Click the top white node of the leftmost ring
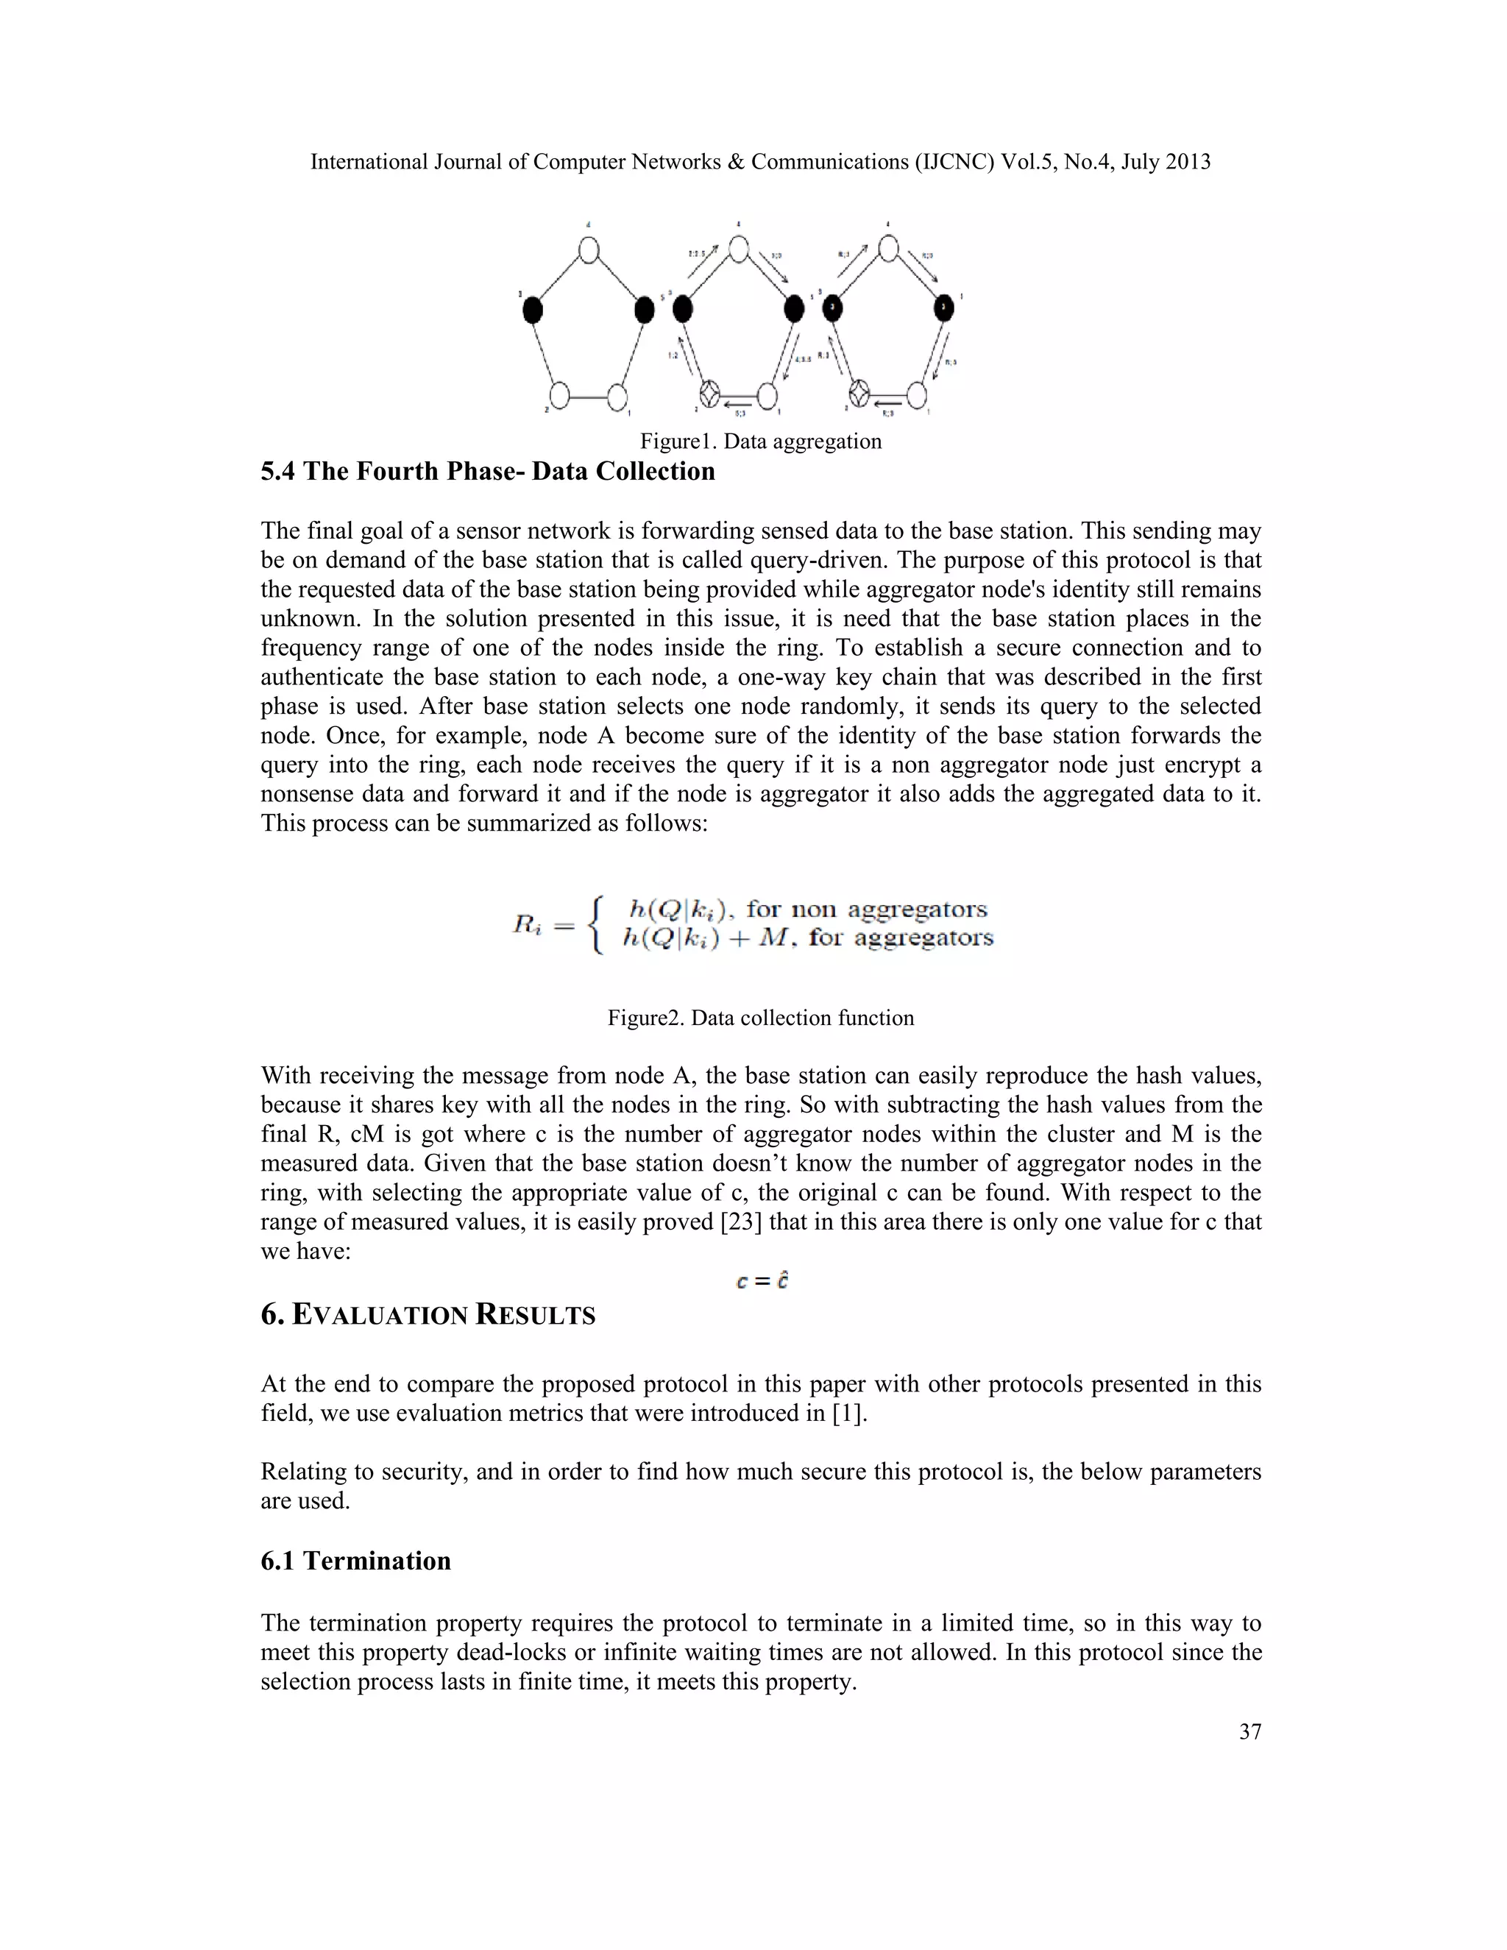(x=589, y=249)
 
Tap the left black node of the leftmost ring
(x=532, y=310)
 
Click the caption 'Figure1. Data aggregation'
(x=759, y=441)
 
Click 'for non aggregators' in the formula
(x=866, y=909)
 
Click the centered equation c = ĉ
(x=762, y=1280)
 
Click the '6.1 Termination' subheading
(x=355, y=1561)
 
